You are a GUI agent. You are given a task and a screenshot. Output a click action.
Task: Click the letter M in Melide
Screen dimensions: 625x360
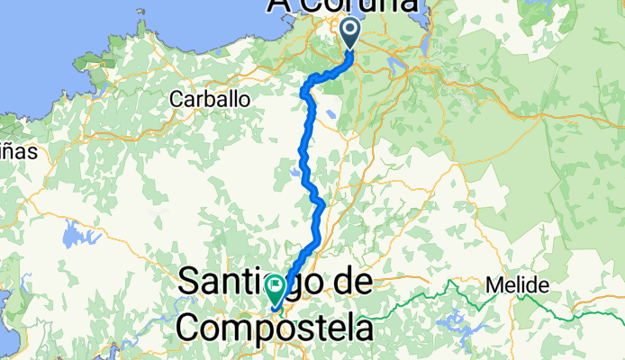point(493,286)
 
